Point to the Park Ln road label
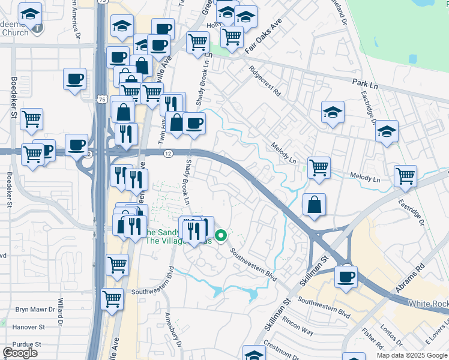click(364, 81)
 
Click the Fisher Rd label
click(373, 338)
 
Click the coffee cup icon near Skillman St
click(346, 277)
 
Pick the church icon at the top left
click(38, 27)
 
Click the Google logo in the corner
click(20, 353)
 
